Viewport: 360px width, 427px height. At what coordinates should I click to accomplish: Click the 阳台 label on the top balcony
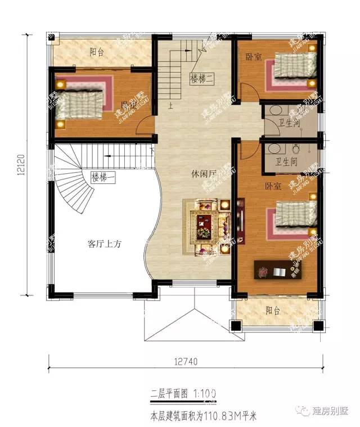pyautogui.click(x=97, y=52)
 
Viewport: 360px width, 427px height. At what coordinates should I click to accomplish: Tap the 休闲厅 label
pyautogui.click(x=203, y=174)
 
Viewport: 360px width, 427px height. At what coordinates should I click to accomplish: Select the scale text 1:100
pyautogui.click(x=201, y=392)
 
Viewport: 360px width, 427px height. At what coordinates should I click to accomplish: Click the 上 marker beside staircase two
pyautogui.click(x=170, y=104)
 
